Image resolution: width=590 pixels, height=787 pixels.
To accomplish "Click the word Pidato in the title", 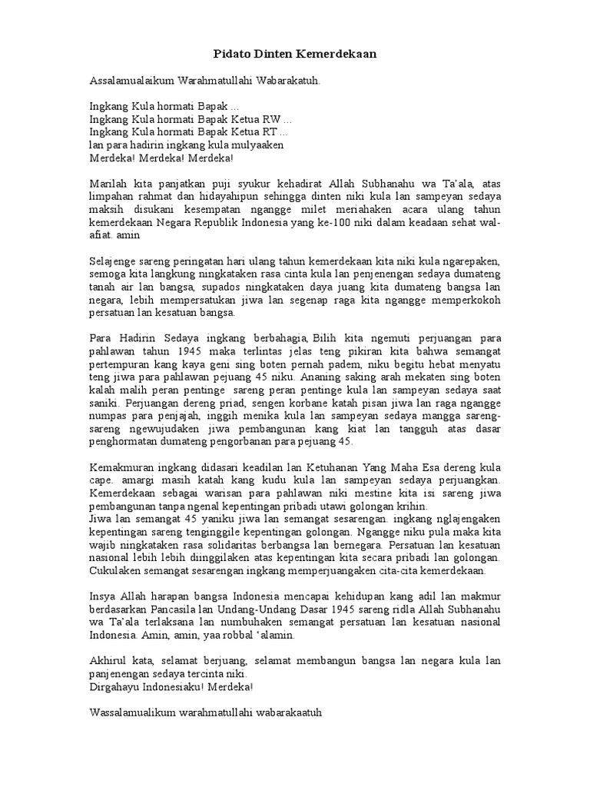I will pos(229,55).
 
